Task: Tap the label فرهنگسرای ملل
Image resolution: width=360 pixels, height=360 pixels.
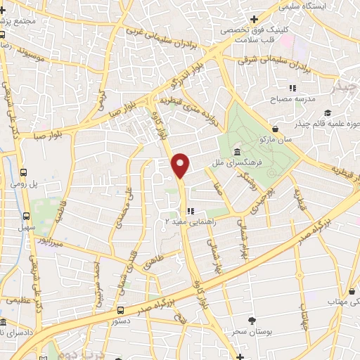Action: (239, 162)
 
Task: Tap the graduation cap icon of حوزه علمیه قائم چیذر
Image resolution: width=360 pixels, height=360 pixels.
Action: (327, 113)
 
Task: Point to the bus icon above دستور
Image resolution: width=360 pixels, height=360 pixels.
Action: (121, 309)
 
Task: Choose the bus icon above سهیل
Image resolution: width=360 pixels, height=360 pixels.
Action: (26, 217)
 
